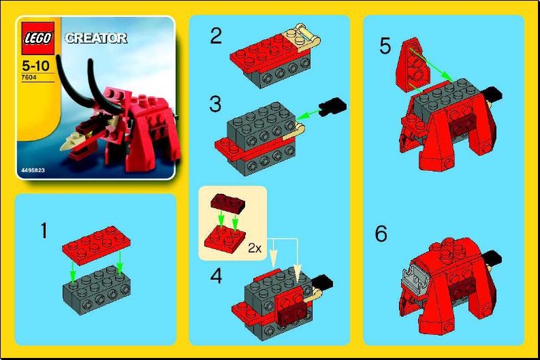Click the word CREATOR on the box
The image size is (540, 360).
point(95,38)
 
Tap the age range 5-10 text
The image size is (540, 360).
point(35,68)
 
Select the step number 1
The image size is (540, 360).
point(44,231)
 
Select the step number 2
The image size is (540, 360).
point(216,35)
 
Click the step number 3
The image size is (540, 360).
point(216,104)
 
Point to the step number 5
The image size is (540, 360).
point(385,47)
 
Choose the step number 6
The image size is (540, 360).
point(381,234)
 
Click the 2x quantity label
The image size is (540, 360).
point(255,248)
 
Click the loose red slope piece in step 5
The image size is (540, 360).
point(411,65)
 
